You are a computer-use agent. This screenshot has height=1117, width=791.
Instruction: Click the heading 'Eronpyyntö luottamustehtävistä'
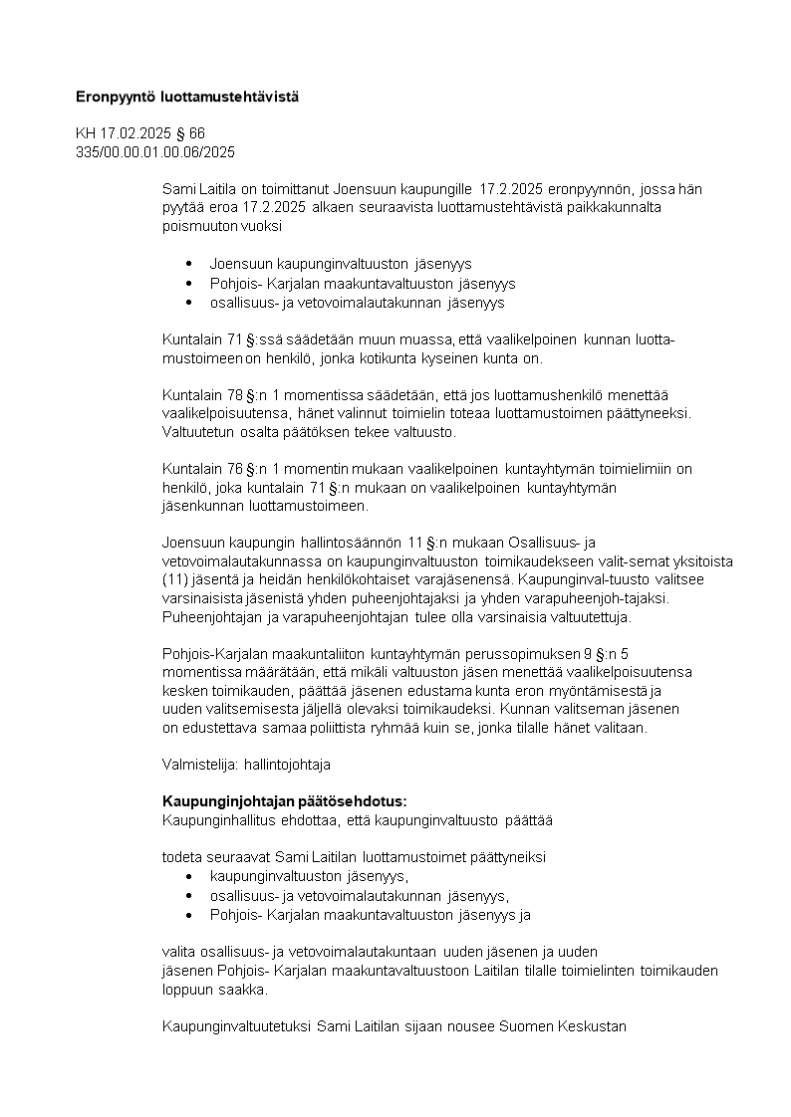(x=186, y=97)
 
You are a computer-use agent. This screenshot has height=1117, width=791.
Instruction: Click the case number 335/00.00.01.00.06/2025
(x=155, y=151)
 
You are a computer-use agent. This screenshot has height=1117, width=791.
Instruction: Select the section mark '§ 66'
(x=189, y=133)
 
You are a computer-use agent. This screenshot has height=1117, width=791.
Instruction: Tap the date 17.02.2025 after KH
(x=135, y=133)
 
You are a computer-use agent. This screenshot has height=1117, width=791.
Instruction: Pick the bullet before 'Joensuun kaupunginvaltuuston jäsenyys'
(x=189, y=264)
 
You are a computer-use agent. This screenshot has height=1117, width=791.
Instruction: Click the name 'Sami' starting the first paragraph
(x=176, y=188)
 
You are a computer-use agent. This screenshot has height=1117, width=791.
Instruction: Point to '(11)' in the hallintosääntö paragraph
(x=174, y=578)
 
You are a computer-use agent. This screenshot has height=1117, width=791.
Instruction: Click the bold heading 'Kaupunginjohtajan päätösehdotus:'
(x=284, y=801)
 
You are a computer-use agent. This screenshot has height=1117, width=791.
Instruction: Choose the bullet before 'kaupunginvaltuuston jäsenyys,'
(x=189, y=876)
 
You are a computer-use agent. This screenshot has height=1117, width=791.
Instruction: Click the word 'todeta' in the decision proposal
(x=181, y=856)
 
